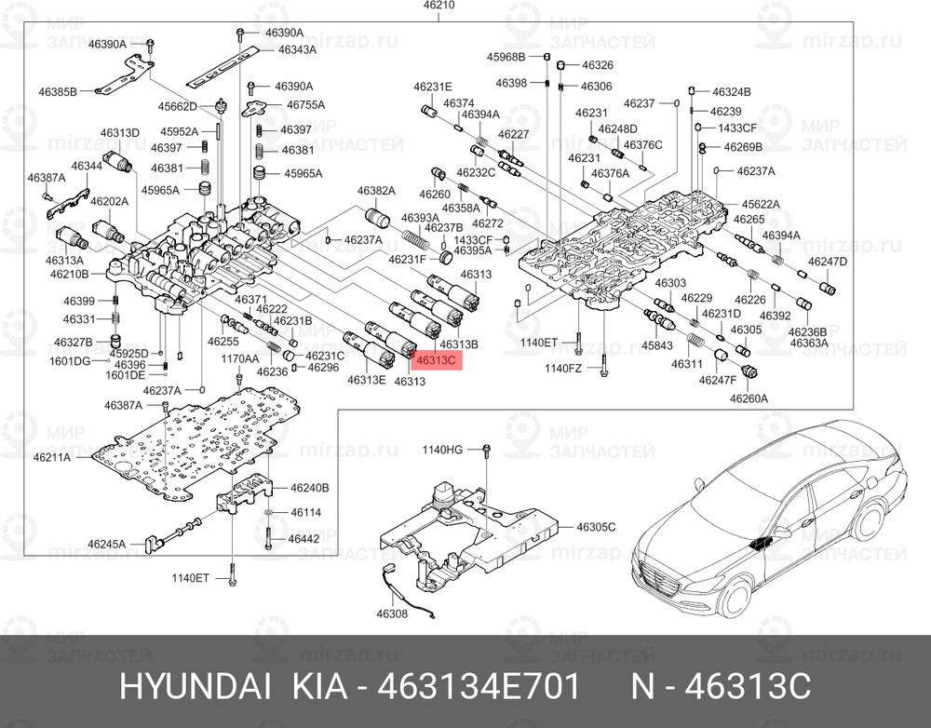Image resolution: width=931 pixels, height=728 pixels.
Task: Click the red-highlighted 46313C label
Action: tap(437, 360)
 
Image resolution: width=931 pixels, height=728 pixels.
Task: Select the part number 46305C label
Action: tap(596, 527)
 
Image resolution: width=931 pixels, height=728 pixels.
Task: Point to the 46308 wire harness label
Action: tap(392, 614)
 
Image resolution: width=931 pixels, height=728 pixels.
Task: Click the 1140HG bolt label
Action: tap(442, 450)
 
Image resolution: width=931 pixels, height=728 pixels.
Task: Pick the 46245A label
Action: tap(106, 544)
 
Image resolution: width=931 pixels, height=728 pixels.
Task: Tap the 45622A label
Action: tap(761, 204)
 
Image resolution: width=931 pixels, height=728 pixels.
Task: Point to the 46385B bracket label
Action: tap(58, 91)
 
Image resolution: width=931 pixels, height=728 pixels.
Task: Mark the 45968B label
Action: tap(506, 57)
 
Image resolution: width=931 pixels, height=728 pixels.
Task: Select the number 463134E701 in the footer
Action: tap(479, 688)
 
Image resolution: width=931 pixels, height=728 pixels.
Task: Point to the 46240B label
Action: tap(310, 487)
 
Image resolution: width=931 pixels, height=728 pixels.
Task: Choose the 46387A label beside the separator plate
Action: tap(123, 405)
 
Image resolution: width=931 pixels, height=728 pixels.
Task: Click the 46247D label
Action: tap(828, 262)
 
